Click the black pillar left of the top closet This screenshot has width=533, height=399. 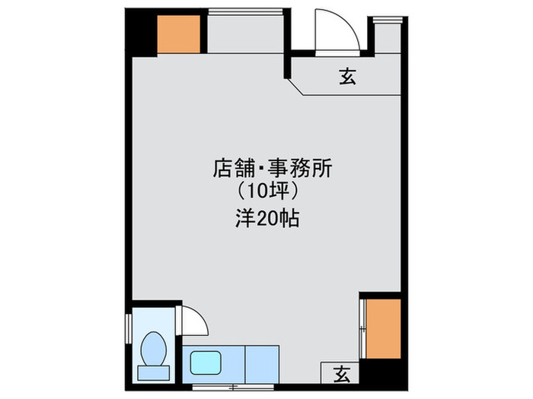[140, 32]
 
